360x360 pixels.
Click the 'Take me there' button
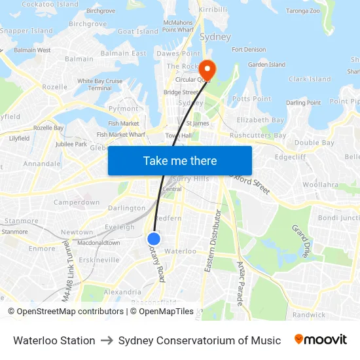tap(180, 160)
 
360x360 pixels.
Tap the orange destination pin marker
tap(207, 68)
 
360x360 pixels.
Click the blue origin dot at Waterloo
tap(154, 239)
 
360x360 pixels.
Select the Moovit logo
tap(320, 340)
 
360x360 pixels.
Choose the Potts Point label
tap(251, 99)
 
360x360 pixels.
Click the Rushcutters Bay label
tap(258, 135)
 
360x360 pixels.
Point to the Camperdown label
tap(76, 203)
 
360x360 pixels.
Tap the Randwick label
tap(309, 315)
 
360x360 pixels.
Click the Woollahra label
tap(320, 185)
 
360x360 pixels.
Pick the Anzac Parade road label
tap(240, 282)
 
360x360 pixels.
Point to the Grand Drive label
tap(301, 240)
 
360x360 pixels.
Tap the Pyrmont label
tap(123, 109)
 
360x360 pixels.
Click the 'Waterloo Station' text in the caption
tap(54, 340)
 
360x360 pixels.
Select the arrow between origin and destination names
tap(107, 340)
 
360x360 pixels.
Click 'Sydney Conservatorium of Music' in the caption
tap(200, 340)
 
